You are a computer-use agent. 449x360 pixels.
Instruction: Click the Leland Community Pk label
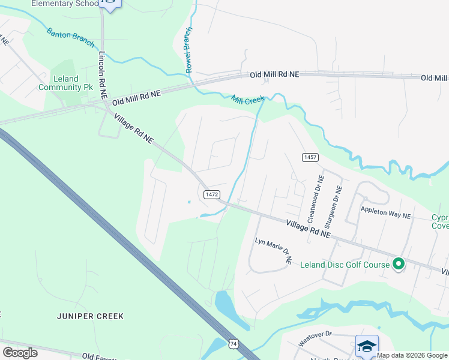[x=66, y=83]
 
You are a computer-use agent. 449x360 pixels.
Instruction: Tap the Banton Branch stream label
[x=70, y=38]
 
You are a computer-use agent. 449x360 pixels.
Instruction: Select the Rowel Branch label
[x=189, y=50]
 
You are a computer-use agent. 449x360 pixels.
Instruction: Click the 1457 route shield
[x=310, y=157]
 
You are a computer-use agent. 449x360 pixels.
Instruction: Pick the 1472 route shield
[x=211, y=194]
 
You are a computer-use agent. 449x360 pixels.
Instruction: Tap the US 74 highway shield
[x=233, y=343]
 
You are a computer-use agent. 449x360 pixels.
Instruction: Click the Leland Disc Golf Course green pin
[x=398, y=263]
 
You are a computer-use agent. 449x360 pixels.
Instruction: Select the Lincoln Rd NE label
[x=103, y=75]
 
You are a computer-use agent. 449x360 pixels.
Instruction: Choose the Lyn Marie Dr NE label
[x=273, y=250]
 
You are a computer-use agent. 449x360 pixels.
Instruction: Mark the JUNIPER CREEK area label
[x=91, y=316]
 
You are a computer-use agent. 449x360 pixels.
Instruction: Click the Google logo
[x=20, y=353]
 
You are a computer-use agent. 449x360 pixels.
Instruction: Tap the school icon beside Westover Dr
[x=367, y=346]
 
